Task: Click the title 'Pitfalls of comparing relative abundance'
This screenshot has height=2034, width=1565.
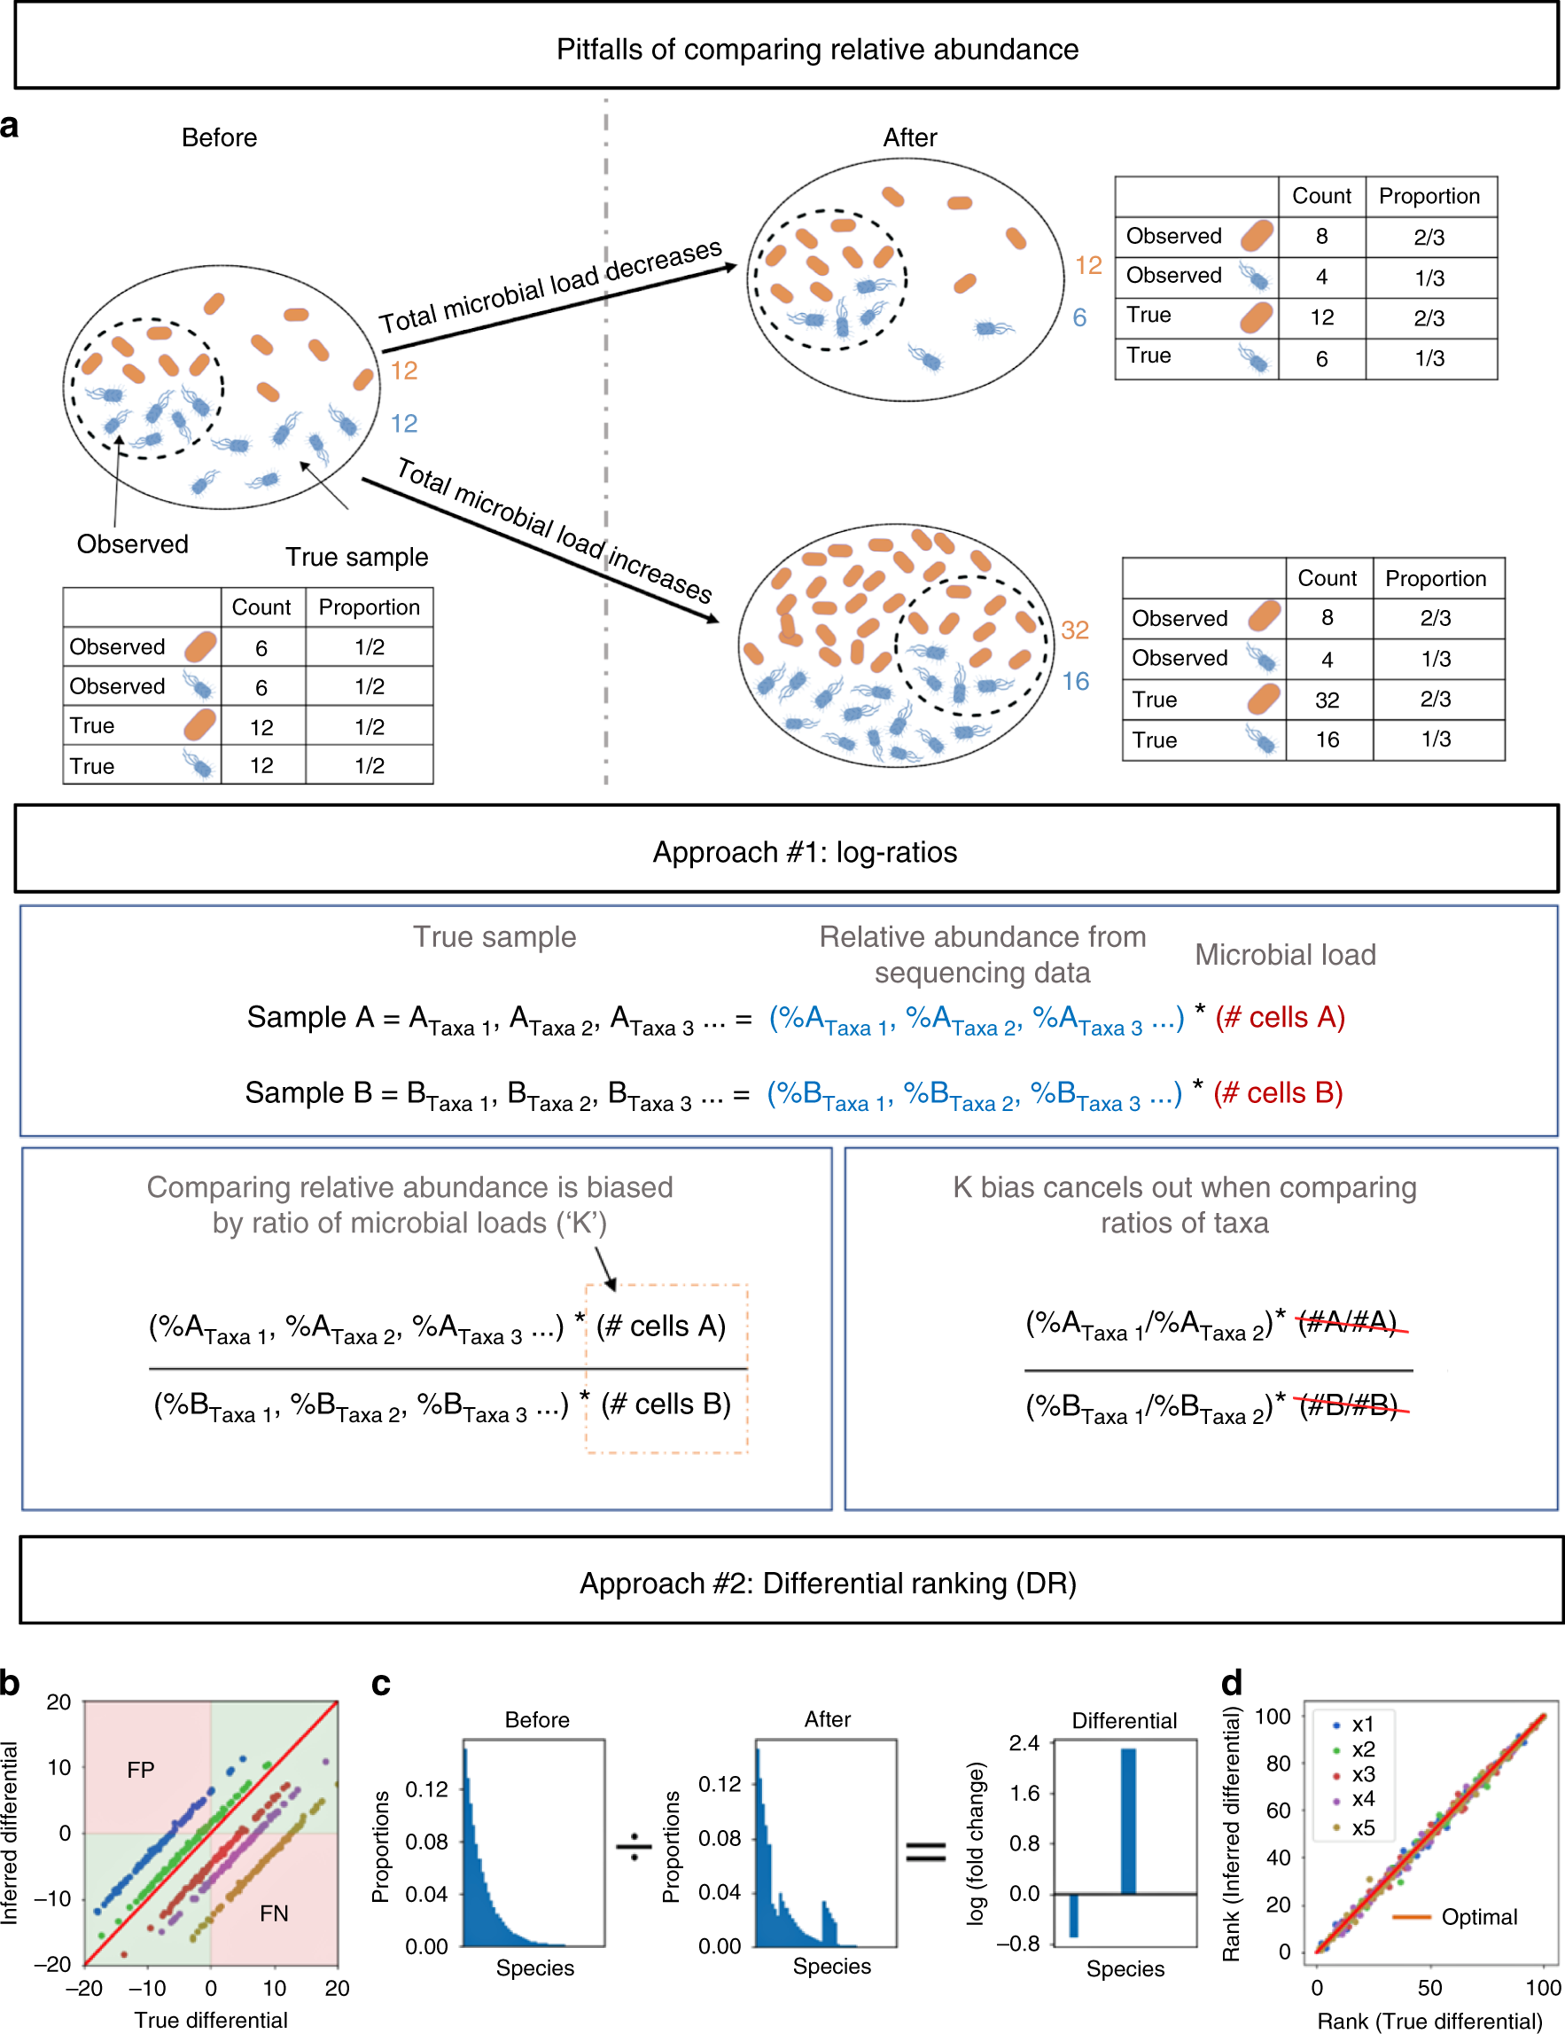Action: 816,50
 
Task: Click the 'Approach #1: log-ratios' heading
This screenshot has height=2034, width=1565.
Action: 805,852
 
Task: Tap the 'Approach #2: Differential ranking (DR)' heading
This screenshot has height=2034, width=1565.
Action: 828,1584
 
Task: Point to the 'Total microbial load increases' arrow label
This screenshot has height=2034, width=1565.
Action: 554,530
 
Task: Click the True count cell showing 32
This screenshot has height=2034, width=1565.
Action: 1327,700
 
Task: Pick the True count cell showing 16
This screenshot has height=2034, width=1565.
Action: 1327,740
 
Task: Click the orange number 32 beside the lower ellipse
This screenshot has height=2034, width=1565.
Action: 1074,630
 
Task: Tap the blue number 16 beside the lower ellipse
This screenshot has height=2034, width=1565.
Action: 1075,682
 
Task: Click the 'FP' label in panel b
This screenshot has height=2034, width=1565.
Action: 141,1770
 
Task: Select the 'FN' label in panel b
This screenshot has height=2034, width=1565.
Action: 274,1913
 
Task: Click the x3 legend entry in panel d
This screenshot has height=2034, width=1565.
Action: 1362,1774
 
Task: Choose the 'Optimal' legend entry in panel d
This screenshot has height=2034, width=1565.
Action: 1478,1917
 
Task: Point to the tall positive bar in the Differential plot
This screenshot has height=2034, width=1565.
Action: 1128,1820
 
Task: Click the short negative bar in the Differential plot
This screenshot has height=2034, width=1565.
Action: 1073,1915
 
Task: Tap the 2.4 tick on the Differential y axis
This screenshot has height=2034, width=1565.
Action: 1024,1742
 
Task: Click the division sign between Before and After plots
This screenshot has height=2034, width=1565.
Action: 634,1846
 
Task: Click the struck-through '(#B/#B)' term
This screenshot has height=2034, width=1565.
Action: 1349,1405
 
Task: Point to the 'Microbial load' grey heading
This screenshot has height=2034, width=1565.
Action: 1285,955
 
